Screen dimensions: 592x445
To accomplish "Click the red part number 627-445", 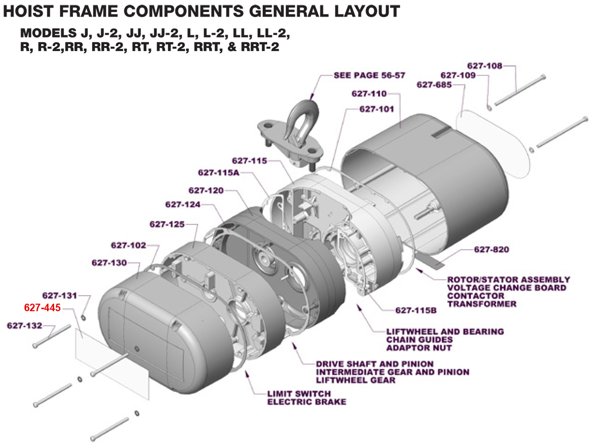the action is pyautogui.click(x=42, y=308).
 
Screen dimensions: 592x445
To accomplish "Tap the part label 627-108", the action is pyautogui.click(x=485, y=66).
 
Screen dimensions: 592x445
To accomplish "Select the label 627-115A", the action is pyautogui.click(x=219, y=172).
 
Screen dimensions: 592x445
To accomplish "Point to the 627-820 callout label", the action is pyautogui.click(x=492, y=250).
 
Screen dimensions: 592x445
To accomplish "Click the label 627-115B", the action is pyautogui.click(x=416, y=310).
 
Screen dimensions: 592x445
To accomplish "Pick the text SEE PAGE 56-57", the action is pyautogui.click(x=369, y=75).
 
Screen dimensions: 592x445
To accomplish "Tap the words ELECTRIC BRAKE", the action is pyautogui.click(x=307, y=402).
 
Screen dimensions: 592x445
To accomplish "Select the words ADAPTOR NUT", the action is pyautogui.click(x=419, y=348).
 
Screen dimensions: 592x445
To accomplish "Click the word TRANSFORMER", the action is pyautogui.click(x=482, y=304).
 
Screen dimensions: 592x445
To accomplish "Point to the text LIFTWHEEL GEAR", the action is pyautogui.click(x=356, y=380).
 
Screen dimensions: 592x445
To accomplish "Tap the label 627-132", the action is pyautogui.click(x=25, y=325).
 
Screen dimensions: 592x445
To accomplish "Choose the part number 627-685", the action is pyautogui.click(x=434, y=85).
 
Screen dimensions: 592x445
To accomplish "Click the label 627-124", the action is pyautogui.click(x=183, y=204).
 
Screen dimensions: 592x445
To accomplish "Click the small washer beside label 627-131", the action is pyautogui.click(x=83, y=318).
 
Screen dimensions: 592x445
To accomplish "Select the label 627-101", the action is pyautogui.click(x=377, y=109).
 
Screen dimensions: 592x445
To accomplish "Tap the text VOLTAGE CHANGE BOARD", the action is pyautogui.click(x=507, y=288).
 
